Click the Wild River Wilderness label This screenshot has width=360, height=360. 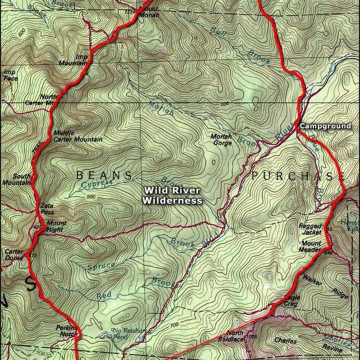point(173,195)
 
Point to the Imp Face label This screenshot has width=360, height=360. point(9,75)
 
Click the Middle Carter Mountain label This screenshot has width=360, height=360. point(77,136)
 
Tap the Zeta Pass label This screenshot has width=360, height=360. point(47,208)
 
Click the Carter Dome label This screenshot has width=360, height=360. point(14,255)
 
